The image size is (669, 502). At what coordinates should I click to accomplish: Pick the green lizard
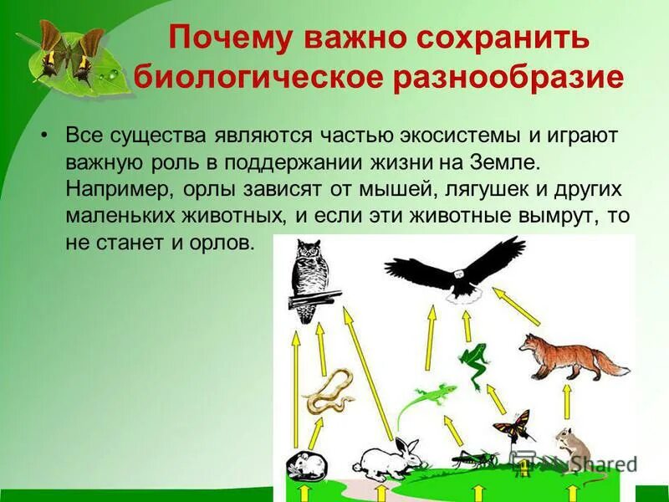[x=426, y=399]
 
